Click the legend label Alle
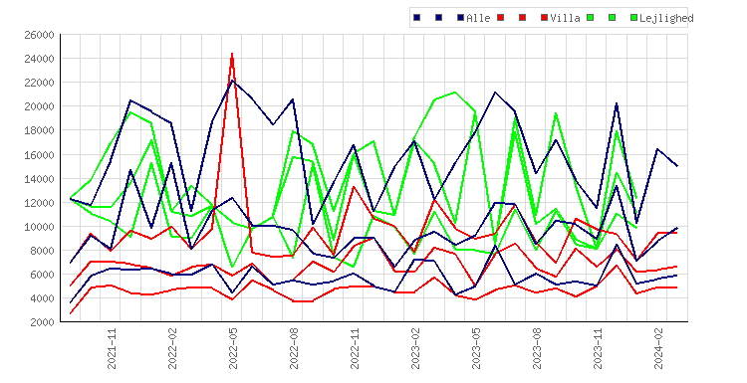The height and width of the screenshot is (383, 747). (478, 18)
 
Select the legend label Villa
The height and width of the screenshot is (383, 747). (565, 18)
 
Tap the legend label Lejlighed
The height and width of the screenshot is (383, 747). (666, 18)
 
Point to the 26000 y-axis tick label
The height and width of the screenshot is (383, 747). (39, 35)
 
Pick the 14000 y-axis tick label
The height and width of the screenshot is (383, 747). (39, 179)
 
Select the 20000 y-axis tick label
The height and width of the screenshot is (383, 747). (39, 106)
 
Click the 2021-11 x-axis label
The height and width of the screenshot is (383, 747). (112, 349)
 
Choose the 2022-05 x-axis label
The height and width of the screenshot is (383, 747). (233, 349)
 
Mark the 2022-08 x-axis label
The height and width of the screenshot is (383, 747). (295, 349)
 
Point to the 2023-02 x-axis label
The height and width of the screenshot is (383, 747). (416, 349)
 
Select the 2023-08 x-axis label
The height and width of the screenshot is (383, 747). (538, 349)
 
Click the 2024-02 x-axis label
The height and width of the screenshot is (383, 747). (659, 349)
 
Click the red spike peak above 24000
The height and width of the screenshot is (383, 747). (232, 54)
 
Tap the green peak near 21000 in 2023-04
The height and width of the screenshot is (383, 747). (455, 92)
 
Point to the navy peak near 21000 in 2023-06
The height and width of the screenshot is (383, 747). (495, 92)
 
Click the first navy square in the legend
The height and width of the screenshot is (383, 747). (417, 18)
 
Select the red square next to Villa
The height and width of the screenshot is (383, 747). (544, 18)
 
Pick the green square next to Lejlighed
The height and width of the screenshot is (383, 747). (633, 18)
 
